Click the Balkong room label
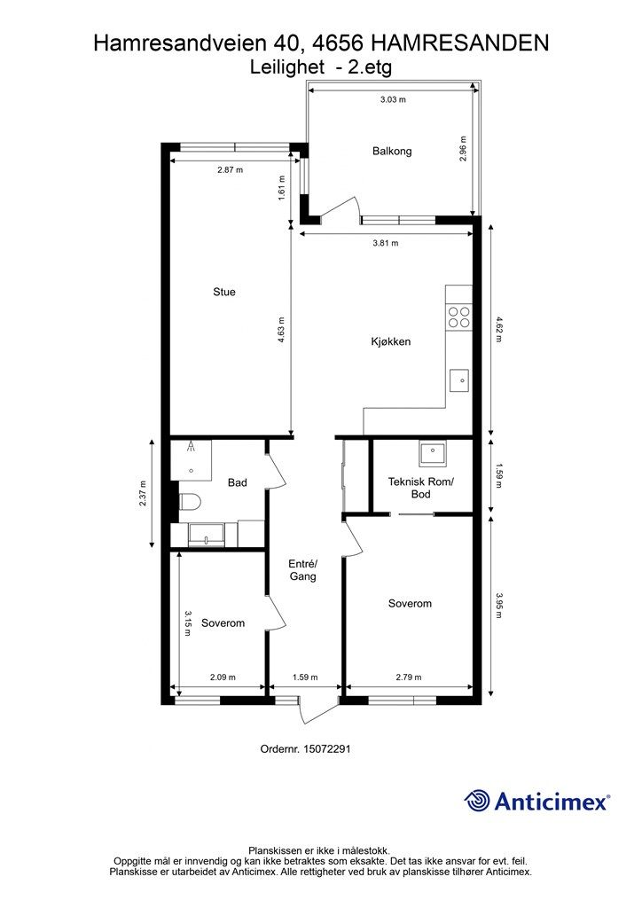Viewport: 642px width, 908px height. [x=392, y=151]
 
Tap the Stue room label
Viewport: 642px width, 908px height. [x=224, y=292]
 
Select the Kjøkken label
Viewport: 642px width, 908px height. [x=391, y=341]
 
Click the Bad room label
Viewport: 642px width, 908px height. [x=238, y=482]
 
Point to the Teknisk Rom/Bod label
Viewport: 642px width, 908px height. [x=421, y=488]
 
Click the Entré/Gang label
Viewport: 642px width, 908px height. [x=302, y=570]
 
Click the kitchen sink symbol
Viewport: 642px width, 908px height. [x=459, y=380]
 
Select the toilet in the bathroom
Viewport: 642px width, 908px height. [x=189, y=501]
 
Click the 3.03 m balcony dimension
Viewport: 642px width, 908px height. [x=393, y=99]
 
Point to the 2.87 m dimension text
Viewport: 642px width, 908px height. [x=230, y=169]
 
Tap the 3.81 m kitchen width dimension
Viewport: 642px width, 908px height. [x=386, y=243]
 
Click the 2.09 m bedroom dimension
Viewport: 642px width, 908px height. [x=223, y=677]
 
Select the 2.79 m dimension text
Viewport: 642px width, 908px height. [x=409, y=677]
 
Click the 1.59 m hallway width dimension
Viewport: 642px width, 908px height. [x=305, y=677]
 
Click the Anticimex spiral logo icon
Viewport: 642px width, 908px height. [x=477, y=802]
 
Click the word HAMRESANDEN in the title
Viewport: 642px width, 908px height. [x=459, y=43]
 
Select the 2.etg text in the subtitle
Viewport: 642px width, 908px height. [x=370, y=67]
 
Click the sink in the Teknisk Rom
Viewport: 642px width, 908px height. [x=433, y=453]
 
